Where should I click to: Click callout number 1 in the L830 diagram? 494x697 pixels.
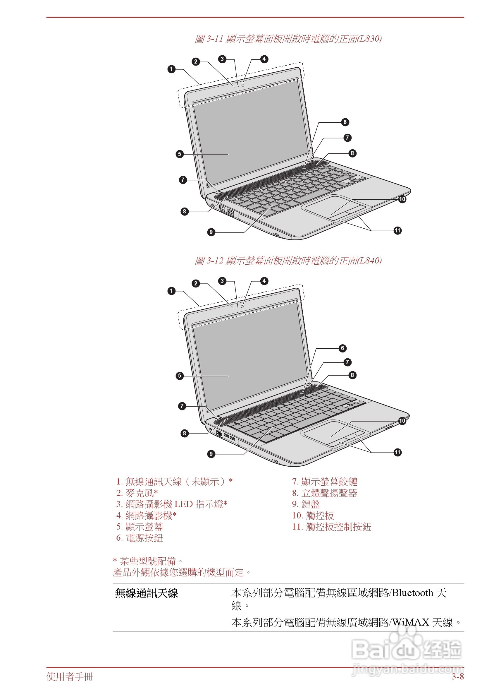172,69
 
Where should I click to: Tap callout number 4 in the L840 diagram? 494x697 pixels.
264,281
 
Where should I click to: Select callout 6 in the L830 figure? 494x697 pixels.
345,122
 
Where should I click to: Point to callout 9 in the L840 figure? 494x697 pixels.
211,454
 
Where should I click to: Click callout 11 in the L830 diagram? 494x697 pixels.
397,230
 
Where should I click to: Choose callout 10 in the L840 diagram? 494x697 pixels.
402,421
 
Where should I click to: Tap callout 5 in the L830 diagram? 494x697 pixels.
180,154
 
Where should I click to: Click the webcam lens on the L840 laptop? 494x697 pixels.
242,306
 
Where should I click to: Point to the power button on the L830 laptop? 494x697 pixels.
305,167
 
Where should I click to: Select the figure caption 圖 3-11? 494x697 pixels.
288,39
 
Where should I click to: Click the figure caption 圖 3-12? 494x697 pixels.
288,261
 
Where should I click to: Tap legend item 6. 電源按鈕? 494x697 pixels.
140,538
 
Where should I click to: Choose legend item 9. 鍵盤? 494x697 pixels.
306,504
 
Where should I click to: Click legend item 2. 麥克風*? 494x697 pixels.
137,493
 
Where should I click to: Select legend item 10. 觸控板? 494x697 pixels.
313,516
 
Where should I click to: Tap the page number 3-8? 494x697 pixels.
457,677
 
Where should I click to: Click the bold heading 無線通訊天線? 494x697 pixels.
146,593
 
